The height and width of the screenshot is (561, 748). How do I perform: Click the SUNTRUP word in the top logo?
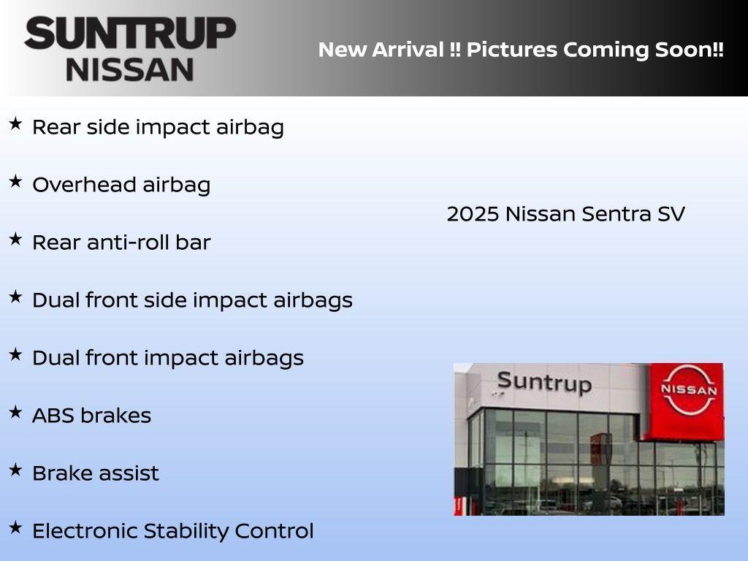(130, 33)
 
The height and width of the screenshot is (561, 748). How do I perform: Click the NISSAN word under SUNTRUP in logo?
(130, 69)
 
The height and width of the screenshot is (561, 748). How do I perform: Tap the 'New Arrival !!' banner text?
(389, 50)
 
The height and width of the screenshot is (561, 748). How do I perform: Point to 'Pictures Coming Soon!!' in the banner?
(595, 50)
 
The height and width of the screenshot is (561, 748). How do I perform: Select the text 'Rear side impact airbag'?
(158, 127)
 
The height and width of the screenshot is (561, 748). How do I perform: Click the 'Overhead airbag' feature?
(121, 185)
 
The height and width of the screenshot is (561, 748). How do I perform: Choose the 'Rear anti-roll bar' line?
(121, 243)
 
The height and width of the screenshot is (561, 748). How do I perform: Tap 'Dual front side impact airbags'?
(192, 300)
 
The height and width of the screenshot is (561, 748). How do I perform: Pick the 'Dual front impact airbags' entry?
(168, 358)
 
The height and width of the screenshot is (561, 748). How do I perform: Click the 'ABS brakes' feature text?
(91, 416)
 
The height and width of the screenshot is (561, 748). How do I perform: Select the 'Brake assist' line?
(95, 473)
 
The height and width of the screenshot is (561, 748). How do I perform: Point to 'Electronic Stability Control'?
(172, 531)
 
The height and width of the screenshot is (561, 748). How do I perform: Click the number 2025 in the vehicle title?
(473, 214)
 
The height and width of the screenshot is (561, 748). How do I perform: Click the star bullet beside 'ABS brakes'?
(15, 412)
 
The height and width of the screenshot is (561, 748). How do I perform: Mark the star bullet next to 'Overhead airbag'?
(15, 181)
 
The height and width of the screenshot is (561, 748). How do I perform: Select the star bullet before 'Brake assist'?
(15, 470)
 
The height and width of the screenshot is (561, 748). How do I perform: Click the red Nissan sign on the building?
(687, 400)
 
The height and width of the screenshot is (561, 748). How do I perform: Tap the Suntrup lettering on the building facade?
(543, 382)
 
